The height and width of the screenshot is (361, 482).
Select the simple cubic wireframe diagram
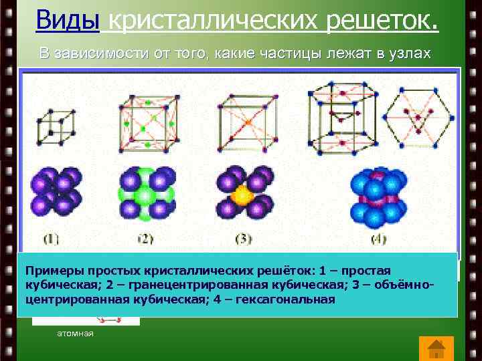(56, 124)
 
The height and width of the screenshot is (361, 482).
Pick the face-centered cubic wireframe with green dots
(147, 122)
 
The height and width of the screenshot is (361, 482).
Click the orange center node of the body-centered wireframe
(247, 123)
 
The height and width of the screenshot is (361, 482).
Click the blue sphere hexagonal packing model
(378, 197)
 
